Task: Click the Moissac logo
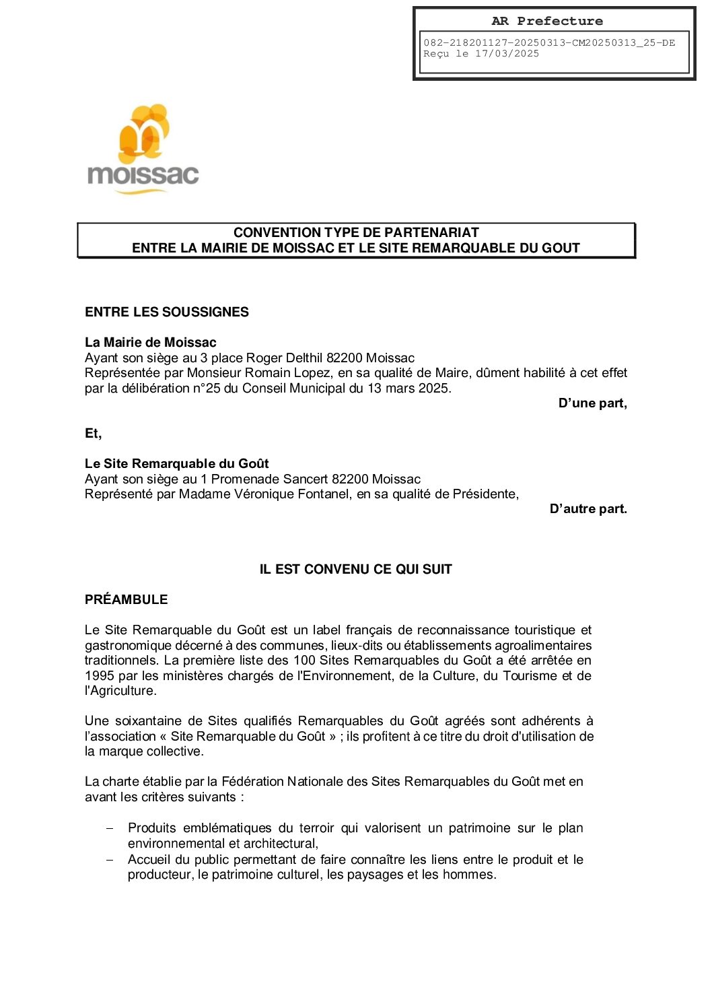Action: (143, 149)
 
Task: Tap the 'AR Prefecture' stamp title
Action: (546, 21)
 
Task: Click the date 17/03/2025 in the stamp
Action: (507, 54)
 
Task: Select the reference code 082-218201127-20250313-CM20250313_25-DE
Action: (548, 42)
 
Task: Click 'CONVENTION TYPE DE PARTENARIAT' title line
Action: (356, 232)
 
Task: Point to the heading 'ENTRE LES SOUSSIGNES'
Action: (166, 312)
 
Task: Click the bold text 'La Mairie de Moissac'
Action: (150, 342)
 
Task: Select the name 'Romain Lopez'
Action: (259, 373)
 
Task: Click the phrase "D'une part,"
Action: (592, 403)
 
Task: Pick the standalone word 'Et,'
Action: (93, 434)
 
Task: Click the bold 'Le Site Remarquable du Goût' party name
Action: (176, 463)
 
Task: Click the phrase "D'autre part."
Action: (588, 509)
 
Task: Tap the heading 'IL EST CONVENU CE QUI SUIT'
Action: (355, 569)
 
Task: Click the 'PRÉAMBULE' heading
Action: (126, 599)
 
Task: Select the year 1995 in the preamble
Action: (100, 675)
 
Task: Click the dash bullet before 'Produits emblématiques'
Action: (110, 828)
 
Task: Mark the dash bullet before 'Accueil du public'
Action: (110, 860)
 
